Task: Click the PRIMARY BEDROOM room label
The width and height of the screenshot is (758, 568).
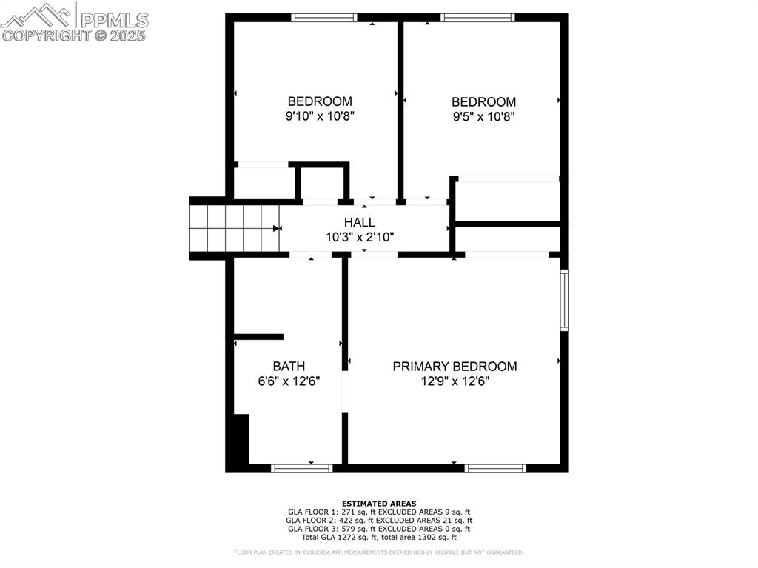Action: click(x=455, y=367)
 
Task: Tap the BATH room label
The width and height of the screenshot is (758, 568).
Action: click(x=289, y=367)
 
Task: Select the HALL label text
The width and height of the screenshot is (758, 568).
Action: click(x=359, y=222)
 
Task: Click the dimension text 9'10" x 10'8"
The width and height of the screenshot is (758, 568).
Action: click(x=320, y=116)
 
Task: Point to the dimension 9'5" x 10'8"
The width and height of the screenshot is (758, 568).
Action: click(x=483, y=116)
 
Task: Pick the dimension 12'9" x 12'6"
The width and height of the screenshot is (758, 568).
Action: click(x=455, y=381)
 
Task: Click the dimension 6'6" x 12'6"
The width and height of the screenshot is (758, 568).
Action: click(x=289, y=381)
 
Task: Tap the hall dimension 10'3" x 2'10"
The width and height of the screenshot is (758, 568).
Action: click(x=359, y=237)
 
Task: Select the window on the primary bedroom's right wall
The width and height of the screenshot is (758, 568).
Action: click(x=564, y=300)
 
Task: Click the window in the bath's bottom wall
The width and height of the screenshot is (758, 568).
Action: click(x=302, y=468)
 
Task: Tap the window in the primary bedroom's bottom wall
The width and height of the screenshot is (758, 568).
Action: click(x=495, y=468)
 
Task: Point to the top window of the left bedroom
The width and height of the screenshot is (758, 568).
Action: click(x=324, y=17)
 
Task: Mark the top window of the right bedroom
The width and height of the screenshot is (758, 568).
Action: click(x=477, y=17)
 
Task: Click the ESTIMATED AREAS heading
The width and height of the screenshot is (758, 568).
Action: click(x=379, y=504)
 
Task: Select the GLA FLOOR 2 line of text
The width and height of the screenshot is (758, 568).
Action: click(x=379, y=521)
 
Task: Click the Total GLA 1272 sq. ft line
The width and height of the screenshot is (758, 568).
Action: click(x=379, y=537)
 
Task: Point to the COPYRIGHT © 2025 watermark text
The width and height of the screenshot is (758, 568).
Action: click(x=74, y=35)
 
